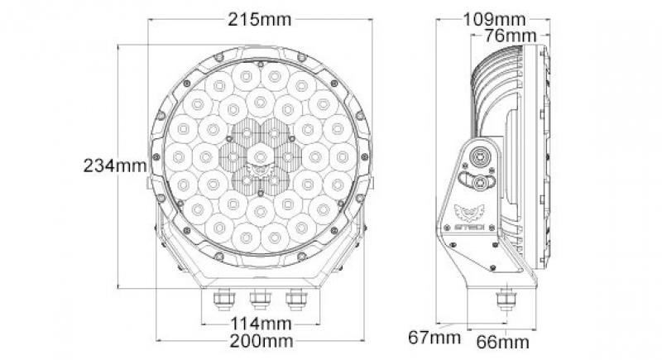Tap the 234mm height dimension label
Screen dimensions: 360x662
click(x=114, y=165)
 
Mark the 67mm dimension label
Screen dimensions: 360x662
click(x=434, y=337)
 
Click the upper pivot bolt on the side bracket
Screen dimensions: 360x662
click(x=480, y=157)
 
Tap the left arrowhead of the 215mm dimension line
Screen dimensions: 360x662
click(x=151, y=19)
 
